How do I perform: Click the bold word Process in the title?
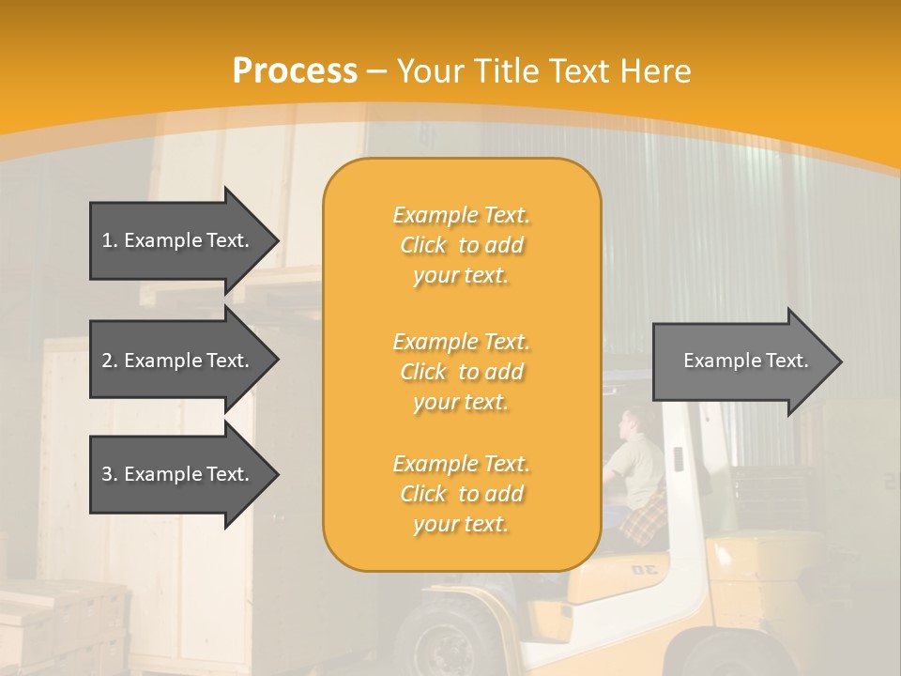295,71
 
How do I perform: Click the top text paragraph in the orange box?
461,245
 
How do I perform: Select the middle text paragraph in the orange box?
461,372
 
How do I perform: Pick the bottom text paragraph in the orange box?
461,494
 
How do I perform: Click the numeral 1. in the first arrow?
109,240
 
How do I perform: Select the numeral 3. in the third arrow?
109,474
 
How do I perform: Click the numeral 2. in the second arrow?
109,361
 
